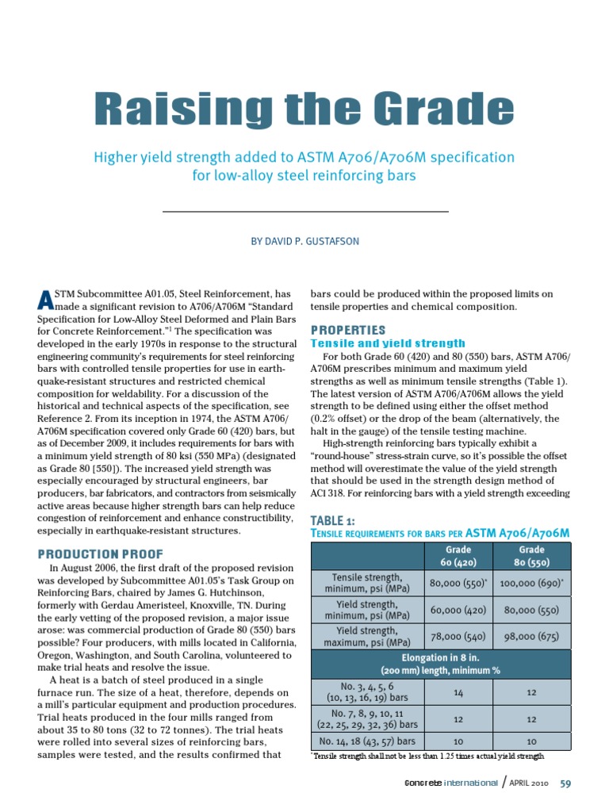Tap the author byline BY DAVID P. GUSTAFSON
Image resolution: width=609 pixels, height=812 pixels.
point(304,241)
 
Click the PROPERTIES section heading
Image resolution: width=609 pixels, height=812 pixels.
point(347,329)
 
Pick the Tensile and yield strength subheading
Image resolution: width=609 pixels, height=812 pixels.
point(388,343)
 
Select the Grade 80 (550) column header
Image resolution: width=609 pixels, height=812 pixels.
point(530,556)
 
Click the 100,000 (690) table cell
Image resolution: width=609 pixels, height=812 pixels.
point(530,583)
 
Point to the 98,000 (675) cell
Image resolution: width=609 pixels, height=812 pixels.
point(530,636)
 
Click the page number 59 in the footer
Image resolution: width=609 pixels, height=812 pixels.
point(565,784)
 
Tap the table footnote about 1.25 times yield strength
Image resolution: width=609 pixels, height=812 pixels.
point(427,757)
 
